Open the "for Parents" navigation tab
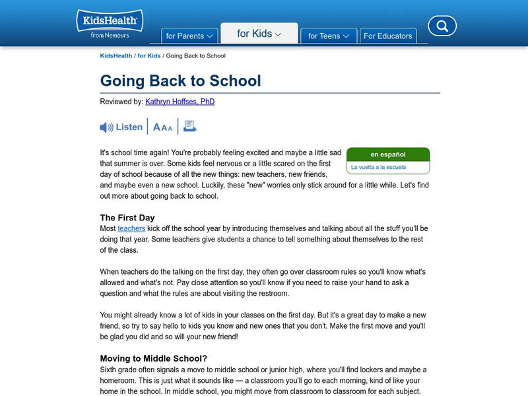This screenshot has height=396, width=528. click(189, 36)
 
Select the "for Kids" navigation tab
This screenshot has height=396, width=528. click(259, 34)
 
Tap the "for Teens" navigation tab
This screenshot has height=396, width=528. click(328, 36)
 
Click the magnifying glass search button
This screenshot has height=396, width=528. click(442, 26)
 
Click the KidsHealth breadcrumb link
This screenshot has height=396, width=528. click(115, 56)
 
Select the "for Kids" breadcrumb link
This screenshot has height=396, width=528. click(149, 56)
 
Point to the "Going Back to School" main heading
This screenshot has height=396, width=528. click(180, 81)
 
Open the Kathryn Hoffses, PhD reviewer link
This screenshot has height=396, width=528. click(180, 102)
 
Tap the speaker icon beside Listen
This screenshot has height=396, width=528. click(106, 127)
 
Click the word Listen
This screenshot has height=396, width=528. click(129, 127)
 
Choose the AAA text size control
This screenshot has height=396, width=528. click(162, 127)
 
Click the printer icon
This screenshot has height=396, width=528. click(190, 127)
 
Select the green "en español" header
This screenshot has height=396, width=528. click(388, 154)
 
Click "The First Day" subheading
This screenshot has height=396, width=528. click(127, 217)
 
